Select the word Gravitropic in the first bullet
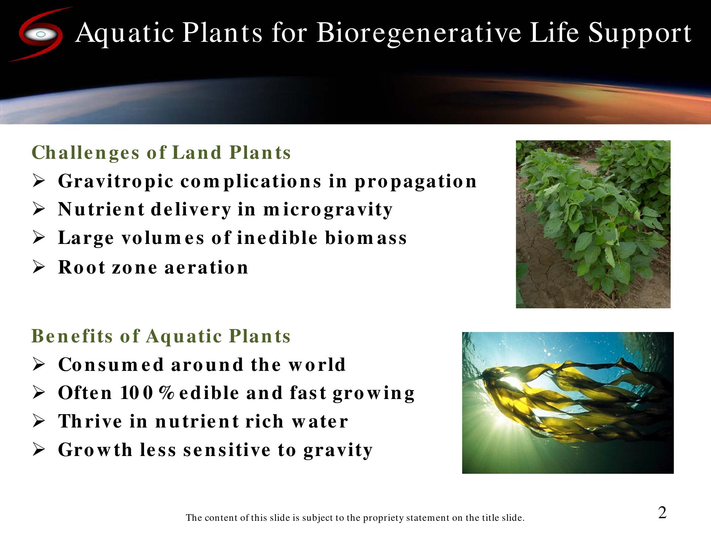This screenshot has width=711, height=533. click(116, 182)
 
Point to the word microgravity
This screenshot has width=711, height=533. click(328, 210)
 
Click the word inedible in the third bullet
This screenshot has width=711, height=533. click(277, 237)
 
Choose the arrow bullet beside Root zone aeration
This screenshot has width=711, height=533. click(39, 267)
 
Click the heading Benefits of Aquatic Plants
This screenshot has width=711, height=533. click(161, 336)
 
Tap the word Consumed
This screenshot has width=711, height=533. click(111, 365)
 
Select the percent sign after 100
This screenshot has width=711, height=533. click(166, 393)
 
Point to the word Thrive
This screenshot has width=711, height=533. click(90, 421)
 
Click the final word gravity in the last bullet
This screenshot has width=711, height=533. click(338, 451)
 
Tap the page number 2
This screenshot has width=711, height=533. click(662, 513)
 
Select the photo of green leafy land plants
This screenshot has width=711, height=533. click(593, 224)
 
